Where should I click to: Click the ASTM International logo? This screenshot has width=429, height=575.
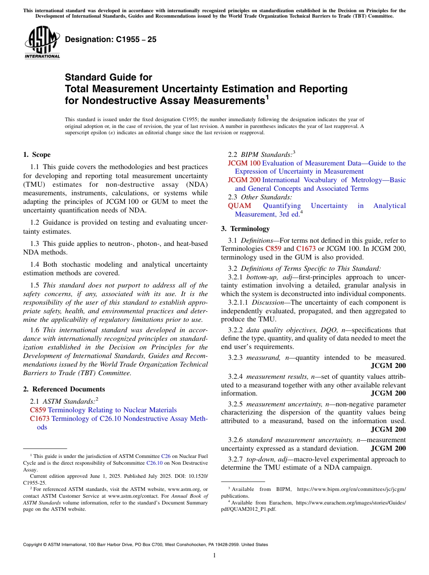(x=42, y=42)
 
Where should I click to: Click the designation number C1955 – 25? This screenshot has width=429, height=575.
(x=111, y=39)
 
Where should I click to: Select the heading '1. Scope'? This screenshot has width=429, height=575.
(x=37, y=155)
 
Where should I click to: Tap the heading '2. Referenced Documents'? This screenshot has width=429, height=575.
(x=64, y=389)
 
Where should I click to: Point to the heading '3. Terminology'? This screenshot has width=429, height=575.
(x=245, y=229)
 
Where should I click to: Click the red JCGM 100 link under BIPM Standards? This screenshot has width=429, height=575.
(x=244, y=163)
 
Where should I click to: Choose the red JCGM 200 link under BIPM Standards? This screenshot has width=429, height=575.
(x=244, y=180)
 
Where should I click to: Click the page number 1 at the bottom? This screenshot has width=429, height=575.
(x=214, y=556)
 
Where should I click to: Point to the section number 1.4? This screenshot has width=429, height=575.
(x=36, y=264)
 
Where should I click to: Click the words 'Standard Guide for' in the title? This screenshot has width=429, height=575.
(x=108, y=77)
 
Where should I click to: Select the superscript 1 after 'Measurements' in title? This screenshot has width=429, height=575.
(x=267, y=97)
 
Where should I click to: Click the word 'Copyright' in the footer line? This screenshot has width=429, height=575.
(x=34, y=545)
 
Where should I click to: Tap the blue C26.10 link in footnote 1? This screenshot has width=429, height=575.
(x=153, y=463)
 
